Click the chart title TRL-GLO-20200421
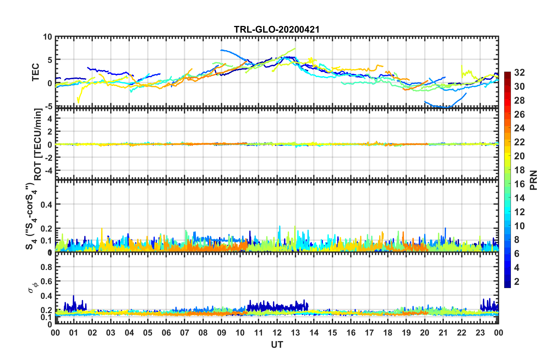coord(277,29)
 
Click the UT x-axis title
coord(277,345)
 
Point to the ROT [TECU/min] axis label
coord(38,144)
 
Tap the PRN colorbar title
coord(533,180)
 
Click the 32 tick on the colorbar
coord(519,73)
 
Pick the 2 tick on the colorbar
coord(517,281)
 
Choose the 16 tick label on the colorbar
coord(519,184)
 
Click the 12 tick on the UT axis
coord(277,333)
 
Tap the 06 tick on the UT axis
coord(166,333)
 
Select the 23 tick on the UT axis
coord(480,333)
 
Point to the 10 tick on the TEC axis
coord(47,37)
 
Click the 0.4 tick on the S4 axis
coord(47,205)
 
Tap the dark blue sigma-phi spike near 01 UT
coord(73,296)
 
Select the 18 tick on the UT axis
coord(388,333)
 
